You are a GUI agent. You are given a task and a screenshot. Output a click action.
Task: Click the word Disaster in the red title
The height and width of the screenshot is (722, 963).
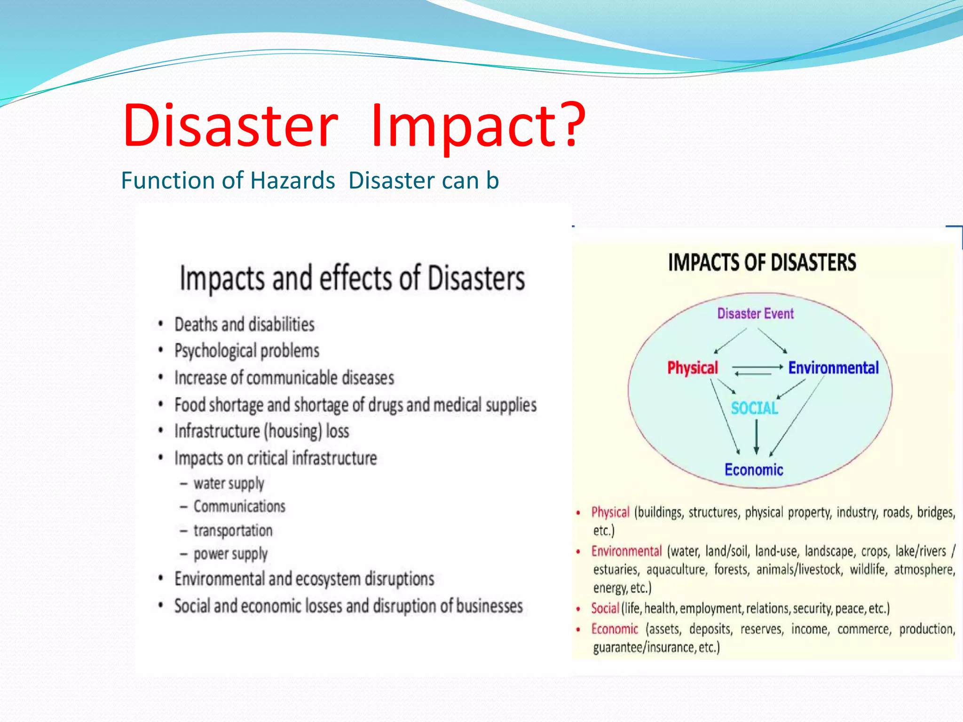click(x=230, y=126)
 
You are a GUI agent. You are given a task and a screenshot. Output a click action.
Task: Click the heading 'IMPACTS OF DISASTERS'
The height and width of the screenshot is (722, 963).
click(x=762, y=262)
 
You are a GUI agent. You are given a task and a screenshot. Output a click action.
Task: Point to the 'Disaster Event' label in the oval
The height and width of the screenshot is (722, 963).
click(x=755, y=314)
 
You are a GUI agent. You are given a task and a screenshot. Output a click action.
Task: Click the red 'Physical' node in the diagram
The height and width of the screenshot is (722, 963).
click(x=693, y=368)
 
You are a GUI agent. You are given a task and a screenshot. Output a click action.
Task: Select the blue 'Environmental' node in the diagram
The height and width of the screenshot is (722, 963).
click(x=833, y=368)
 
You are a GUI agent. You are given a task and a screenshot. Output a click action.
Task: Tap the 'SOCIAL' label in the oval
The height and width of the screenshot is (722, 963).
click(x=754, y=408)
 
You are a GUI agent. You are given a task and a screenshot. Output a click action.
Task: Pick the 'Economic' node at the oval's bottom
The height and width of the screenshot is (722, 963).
click(x=754, y=470)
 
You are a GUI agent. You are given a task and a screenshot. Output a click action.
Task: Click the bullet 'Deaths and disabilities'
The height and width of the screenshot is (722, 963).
click(x=244, y=324)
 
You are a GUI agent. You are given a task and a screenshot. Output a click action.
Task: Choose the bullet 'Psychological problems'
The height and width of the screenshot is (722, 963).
click(x=246, y=351)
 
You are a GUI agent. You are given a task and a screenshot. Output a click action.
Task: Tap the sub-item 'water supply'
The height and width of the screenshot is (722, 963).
click(x=229, y=483)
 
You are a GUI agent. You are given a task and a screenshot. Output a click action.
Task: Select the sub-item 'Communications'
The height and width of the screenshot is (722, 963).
click(x=239, y=506)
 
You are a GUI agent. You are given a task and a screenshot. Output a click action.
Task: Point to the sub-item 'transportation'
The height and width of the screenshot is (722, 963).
click(x=233, y=530)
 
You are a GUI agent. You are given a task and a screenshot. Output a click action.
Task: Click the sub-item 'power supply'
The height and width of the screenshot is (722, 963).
click(x=230, y=554)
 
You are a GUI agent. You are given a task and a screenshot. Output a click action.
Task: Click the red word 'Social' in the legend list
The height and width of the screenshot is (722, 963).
click(x=605, y=608)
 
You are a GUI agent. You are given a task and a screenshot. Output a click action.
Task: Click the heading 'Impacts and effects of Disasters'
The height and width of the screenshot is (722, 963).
click(x=352, y=278)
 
